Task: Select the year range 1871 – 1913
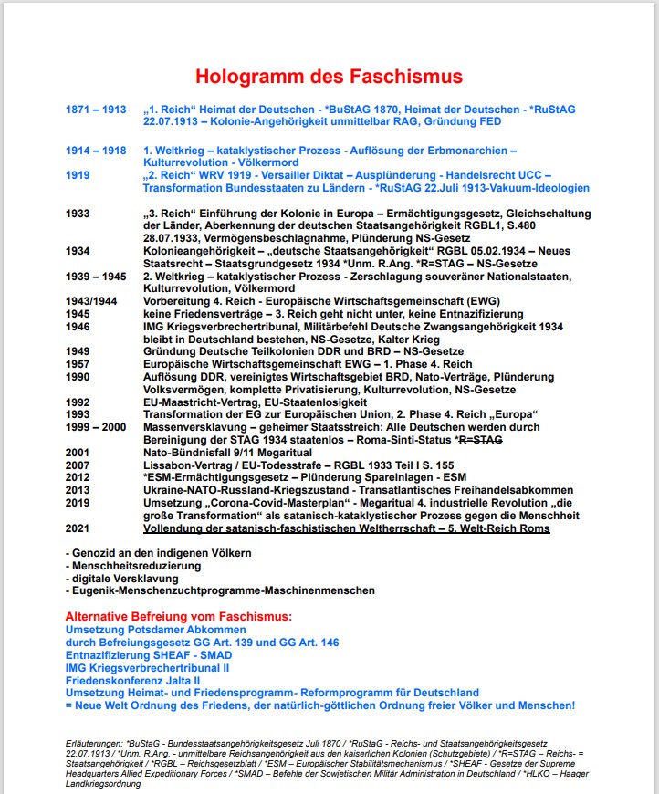click(x=96, y=110)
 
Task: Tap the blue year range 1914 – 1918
click(x=96, y=150)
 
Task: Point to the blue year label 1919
click(x=79, y=174)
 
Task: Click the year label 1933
click(x=79, y=214)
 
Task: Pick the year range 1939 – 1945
click(x=96, y=276)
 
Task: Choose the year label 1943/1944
click(x=93, y=301)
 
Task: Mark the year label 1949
click(x=79, y=351)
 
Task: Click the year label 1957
click(x=79, y=363)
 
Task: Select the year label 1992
click(x=79, y=402)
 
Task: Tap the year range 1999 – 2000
click(x=96, y=427)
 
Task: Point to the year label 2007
click(x=79, y=465)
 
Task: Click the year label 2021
click(x=79, y=528)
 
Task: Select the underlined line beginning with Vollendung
click(x=347, y=528)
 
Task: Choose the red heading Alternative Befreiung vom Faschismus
click(x=179, y=617)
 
